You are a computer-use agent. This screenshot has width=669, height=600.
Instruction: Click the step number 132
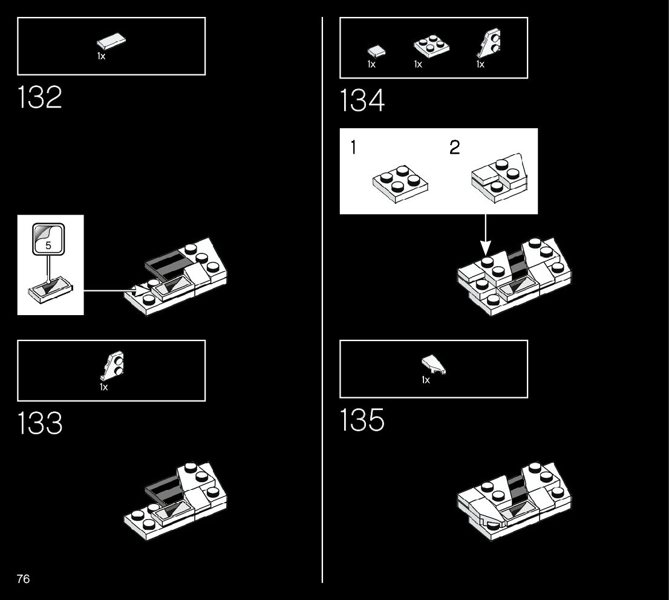click(40, 97)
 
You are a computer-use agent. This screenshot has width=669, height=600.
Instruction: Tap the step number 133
click(40, 423)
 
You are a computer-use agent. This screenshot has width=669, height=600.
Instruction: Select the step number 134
click(362, 100)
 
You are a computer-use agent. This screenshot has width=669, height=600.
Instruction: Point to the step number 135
click(362, 420)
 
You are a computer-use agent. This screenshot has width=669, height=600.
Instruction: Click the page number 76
click(23, 579)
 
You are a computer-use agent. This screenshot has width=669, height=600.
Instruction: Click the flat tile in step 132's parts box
click(111, 42)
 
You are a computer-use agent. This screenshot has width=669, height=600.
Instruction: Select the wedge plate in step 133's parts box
click(114, 366)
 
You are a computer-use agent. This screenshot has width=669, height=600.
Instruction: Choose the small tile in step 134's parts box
click(376, 51)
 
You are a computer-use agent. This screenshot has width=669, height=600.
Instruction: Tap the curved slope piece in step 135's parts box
click(434, 365)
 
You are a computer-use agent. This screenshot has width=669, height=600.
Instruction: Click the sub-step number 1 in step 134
click(353, 148)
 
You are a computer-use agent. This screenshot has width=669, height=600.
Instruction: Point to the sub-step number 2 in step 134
click(455, 148)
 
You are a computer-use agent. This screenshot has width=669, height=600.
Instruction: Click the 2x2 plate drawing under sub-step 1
click(400, 183)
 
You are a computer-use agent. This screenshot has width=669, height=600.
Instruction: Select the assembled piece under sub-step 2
click(498, 177)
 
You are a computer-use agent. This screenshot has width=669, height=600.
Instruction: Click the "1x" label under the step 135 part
click(426, 380)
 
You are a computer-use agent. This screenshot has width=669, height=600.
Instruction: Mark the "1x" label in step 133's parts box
click(103, 387)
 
